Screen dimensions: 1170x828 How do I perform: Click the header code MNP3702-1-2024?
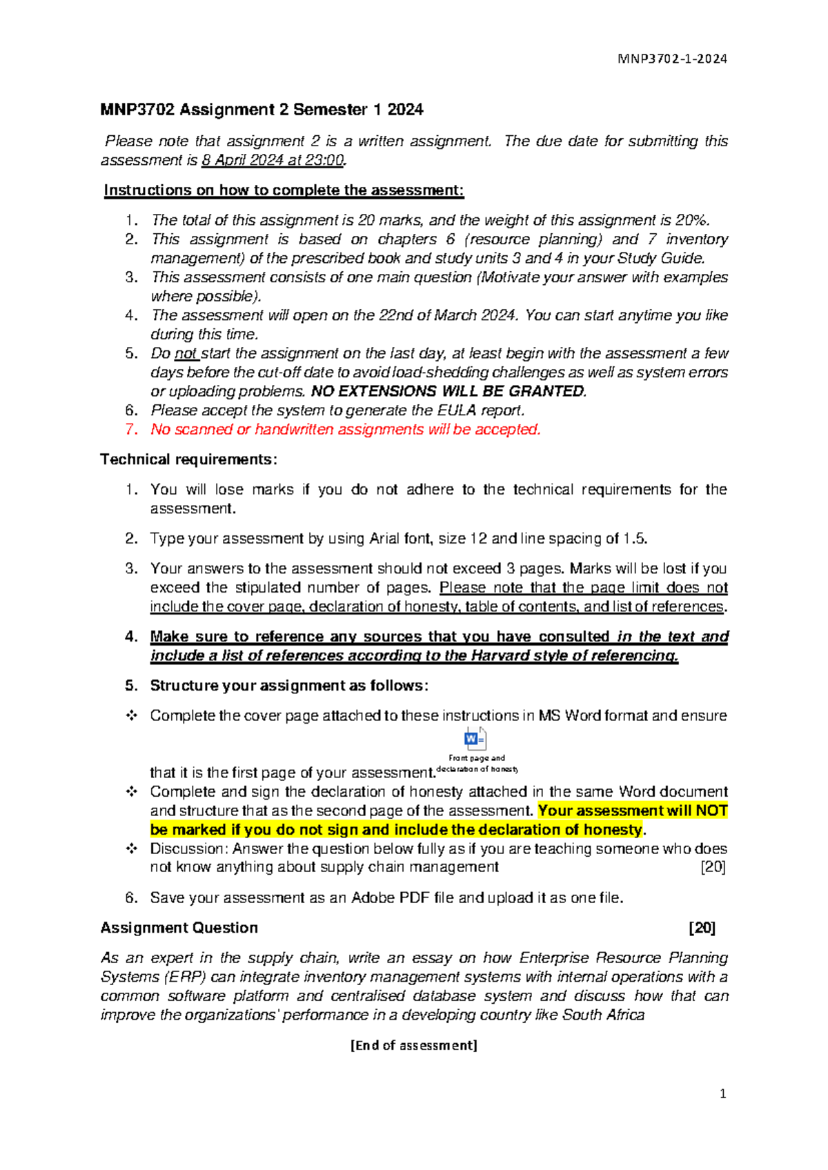pos(673,59)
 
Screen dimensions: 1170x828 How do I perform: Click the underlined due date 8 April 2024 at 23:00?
pos(273,161)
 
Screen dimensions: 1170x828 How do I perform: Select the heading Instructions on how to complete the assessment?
pos(284,190)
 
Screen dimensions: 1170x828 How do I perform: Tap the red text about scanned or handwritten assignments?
pos(346,430)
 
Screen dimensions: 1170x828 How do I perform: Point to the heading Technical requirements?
pos(188,459)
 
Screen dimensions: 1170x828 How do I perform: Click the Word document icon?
pos(475,739)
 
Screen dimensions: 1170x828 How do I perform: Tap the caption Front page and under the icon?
pos(477,758)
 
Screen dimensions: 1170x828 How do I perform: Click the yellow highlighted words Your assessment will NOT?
pos(632,811)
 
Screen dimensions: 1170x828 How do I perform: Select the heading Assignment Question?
pos(179,928)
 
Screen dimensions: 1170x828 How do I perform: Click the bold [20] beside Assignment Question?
pos(702,928)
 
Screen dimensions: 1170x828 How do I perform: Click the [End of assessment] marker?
pos(414,1045)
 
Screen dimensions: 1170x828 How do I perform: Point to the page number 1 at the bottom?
pos(722,1094)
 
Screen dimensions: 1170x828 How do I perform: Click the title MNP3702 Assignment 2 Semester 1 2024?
pos(262,110)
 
